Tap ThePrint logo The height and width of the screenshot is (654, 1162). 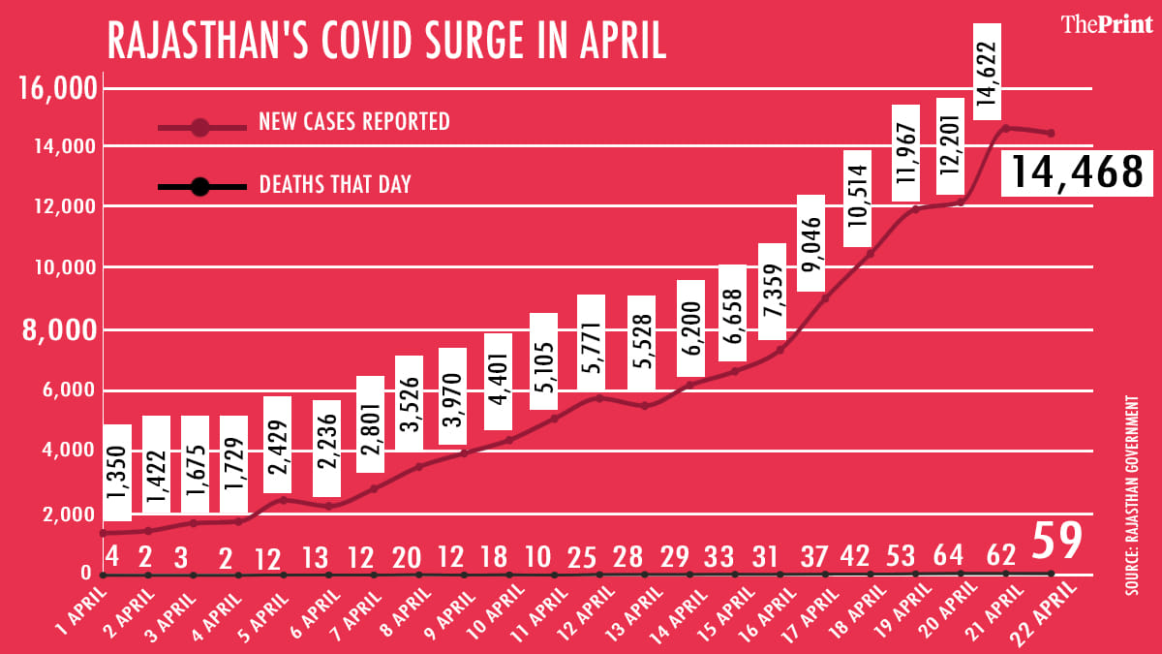pyautogui.click(x=1106, y=25)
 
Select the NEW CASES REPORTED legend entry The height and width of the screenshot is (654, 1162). pyautogui.click(x=353, y=122)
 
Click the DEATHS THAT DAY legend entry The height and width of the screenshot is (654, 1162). pyautogui.click(x=335, y=184)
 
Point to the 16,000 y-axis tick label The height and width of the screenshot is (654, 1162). pyautogui.click(x=59, y=90)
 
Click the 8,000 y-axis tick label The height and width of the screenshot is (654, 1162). pyautogui.click(x=59, y=331)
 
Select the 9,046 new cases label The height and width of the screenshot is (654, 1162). pyautogui.click(x=810, y=243)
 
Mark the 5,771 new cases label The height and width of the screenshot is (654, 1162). pyautogui.click(x=591, y=343)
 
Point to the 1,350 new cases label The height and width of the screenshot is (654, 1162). pyautogui.click(x=118, y=473)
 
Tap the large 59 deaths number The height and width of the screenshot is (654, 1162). pyautogui.click(x=1055, y=542)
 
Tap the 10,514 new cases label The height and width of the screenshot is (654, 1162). pyautogui.click(x=858, y=199)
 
